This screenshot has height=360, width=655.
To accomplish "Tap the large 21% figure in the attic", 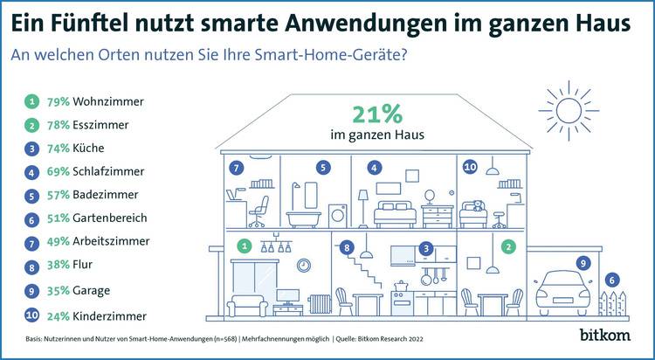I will [377, 114].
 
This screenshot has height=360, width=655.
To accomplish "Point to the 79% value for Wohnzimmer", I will [59, 101].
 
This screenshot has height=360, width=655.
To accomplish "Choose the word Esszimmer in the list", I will [100, 125].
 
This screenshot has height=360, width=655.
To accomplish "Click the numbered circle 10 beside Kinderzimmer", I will [31, 315].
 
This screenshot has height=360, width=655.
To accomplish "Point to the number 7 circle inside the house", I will [235, 167].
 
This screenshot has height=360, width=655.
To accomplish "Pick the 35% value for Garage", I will [59, 291].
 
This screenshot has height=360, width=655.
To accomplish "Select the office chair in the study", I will [260, 206].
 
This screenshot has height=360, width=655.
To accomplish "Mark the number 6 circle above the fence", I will [612, 280].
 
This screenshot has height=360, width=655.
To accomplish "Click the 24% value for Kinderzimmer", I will [59, 315].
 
